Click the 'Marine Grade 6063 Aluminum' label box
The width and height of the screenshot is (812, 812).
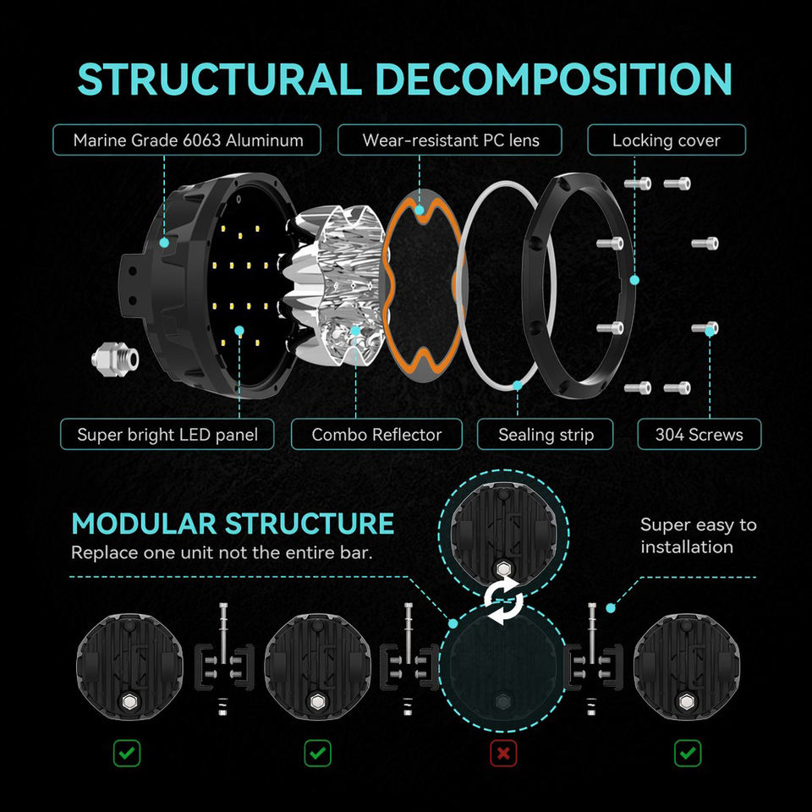187,140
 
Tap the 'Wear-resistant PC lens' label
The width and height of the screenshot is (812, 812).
449,140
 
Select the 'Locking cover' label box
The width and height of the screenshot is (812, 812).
667,140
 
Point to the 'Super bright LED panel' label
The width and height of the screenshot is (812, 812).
167,434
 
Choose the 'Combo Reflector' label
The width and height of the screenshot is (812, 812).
376,434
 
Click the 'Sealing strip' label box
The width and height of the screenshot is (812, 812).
546,434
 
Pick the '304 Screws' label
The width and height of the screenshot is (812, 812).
700,434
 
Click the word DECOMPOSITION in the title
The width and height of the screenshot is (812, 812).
553,80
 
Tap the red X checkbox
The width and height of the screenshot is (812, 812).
503,753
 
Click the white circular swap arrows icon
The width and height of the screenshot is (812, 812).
503,601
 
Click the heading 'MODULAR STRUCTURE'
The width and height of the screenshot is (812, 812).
233,524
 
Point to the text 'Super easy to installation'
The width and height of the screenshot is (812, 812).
698,535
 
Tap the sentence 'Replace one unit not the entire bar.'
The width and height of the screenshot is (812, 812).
222,552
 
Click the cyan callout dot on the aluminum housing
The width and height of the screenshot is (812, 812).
164,242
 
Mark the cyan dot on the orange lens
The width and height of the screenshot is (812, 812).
420,211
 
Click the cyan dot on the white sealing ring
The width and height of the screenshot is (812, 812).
518,386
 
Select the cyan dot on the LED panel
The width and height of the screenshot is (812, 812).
239,331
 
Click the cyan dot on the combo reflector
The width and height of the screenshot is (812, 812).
356,331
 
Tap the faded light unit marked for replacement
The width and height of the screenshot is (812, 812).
502,667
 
